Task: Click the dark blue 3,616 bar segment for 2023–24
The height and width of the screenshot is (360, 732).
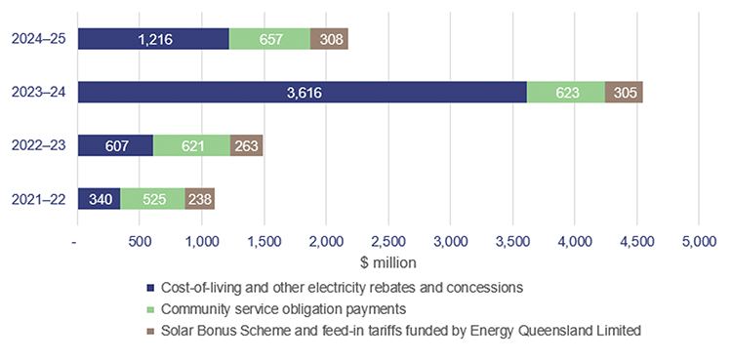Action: pos(302,92)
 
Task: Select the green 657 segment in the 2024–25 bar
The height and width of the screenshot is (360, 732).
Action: pos(269,39)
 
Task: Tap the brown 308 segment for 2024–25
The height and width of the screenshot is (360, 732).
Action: pos(329,39)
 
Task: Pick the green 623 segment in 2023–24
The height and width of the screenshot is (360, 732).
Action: pos(565,92)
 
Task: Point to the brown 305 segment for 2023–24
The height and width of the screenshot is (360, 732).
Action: pos(624,92)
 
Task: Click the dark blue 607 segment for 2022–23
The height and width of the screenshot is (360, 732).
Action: pos(115,145)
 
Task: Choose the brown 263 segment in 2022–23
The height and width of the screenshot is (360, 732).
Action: pos(246,145)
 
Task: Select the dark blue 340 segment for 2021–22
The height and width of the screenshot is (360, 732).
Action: pos(99,199)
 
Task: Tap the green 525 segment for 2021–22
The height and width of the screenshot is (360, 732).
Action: pos(152,199)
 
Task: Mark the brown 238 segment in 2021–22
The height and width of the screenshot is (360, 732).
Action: pos(199,199)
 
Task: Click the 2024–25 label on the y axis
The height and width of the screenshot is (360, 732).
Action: pos(38,39)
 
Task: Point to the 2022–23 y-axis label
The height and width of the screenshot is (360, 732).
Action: pos(38,145)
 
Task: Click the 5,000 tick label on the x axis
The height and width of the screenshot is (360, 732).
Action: pos(699,241)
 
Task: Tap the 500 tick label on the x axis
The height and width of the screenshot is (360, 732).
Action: pos(140,241)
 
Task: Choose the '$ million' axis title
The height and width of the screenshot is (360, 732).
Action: pos(387,261)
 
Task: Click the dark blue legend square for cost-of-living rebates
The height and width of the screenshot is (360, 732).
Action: pos(149,288)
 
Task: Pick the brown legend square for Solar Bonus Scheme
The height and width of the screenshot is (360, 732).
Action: pos(149,332)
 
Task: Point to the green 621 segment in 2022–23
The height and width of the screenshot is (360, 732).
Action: pos(191,145)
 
